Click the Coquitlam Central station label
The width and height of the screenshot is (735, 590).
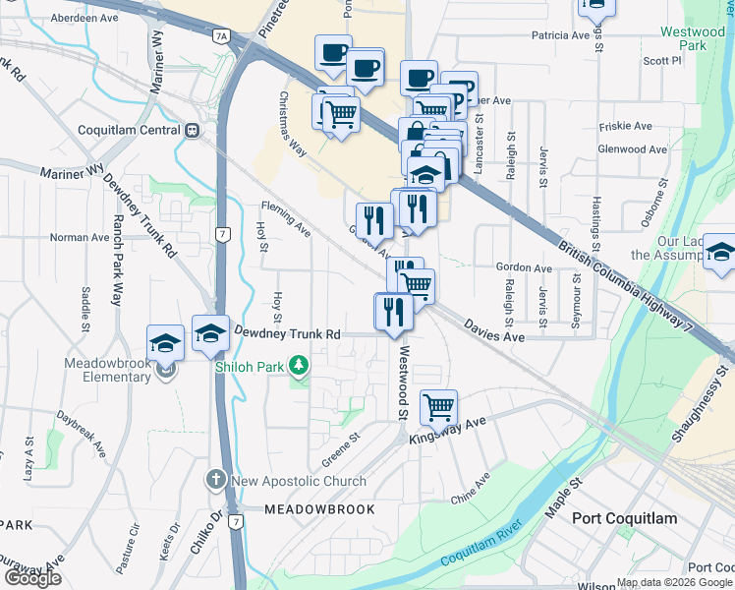click(132, 130)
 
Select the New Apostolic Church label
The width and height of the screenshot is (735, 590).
click(298, 481)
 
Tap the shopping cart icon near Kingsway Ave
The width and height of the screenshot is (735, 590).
click(438, 406)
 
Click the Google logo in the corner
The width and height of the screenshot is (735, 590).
click(32, 578)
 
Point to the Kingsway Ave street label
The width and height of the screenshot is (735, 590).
click(448, 430)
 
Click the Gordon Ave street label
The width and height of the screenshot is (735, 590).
click(524, 267)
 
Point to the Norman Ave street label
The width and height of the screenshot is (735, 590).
click(80, 237)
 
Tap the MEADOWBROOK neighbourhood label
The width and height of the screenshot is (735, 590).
click(319, 509)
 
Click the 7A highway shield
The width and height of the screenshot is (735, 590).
click(221, 37)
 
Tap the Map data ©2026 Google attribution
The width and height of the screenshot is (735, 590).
click(675, 582)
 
